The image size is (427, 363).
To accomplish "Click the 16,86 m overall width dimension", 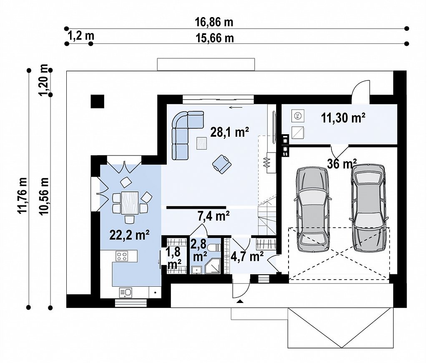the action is [214, 22].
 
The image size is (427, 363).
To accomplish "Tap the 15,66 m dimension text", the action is [215, 38].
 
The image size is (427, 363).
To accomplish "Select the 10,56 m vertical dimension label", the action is [44, 196].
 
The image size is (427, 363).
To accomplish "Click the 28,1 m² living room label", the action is [230, 132].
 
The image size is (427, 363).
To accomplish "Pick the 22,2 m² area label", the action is [129, 235].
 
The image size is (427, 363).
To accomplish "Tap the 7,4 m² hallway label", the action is [213, 216].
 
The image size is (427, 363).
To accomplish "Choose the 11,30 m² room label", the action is [343, 118].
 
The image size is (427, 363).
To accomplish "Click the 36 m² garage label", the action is [342, 164].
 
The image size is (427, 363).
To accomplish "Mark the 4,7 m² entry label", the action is [247, 256].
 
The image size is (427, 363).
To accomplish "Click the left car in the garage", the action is [313, 209].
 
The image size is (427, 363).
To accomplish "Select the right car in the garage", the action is [369, 208].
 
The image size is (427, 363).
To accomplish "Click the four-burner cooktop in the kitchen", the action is [122, 256].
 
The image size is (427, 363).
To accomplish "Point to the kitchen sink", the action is [126, 293].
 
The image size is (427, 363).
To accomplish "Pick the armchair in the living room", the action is [222, 164].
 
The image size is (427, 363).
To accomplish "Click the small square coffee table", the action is [201, 143].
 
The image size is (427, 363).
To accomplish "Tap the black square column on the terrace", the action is [98, 101].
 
